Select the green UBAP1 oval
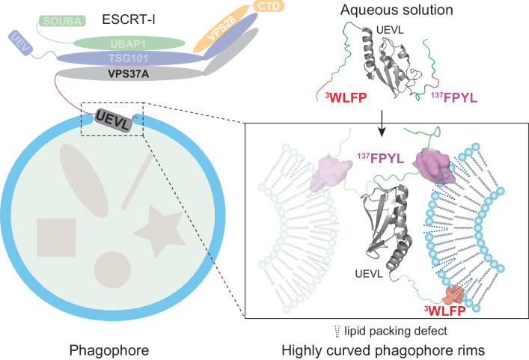[x=128, y=43]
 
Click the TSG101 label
[x=128, y=59]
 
